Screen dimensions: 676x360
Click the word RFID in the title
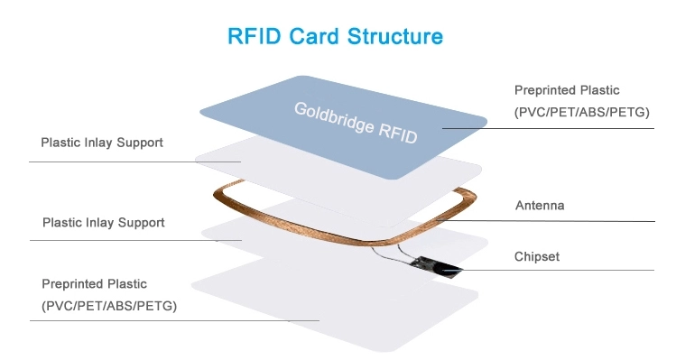click(x=255, y=36)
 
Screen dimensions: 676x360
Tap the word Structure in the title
click(x=395, y=36)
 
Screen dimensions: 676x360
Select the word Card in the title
click(x=314, y=36)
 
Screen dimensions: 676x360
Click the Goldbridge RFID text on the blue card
click(x=356, y=123)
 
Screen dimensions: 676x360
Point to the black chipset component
click(x=435, y=267)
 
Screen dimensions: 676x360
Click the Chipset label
click(x=537, y=256)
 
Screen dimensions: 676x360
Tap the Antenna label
click(x=540, y=205)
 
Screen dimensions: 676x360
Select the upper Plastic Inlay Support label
click(x=102, y=143)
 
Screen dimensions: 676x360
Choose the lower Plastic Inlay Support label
click(x=104, y=223)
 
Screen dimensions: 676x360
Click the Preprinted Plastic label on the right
click(x=567, y=90)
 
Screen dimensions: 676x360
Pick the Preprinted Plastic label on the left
click(x=95, y=283)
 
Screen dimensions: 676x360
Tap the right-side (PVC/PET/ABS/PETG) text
click(x=581, y=112)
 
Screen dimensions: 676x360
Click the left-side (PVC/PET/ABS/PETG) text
click(x=109, y=306)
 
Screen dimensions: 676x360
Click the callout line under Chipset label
click(x=549, y=271)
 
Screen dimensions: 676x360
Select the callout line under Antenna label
click(x=545, y=221)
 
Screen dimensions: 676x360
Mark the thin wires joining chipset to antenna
click(x=390, y=254)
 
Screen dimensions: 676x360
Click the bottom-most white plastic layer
click(x=335, y=301)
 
